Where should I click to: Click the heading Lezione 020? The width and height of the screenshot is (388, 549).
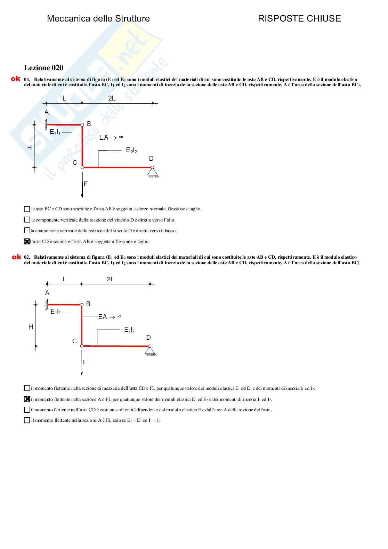43,68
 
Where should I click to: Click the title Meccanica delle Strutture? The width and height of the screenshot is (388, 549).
98,19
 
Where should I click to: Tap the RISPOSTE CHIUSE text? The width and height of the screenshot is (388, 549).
299,19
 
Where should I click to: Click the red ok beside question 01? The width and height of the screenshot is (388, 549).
16,79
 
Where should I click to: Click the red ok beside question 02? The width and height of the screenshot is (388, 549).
16,257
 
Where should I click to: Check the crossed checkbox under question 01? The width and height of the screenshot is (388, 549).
27,241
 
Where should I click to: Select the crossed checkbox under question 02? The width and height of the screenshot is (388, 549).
27,399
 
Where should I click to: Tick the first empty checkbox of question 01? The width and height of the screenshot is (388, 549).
27,209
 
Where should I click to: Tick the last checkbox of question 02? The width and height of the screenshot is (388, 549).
27,420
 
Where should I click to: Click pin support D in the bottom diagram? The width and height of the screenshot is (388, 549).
150,350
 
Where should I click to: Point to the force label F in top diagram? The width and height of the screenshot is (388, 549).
86,184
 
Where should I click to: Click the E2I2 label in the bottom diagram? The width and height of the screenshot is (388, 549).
129,329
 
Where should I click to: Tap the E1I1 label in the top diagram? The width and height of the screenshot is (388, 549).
55,132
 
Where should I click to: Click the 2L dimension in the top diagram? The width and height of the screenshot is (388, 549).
112,98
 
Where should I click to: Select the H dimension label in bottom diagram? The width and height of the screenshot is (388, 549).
31,327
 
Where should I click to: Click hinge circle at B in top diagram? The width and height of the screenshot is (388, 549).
82,125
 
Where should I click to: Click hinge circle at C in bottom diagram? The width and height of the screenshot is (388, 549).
82,346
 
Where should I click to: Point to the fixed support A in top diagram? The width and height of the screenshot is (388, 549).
46,124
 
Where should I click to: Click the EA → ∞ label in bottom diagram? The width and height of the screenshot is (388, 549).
110,316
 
